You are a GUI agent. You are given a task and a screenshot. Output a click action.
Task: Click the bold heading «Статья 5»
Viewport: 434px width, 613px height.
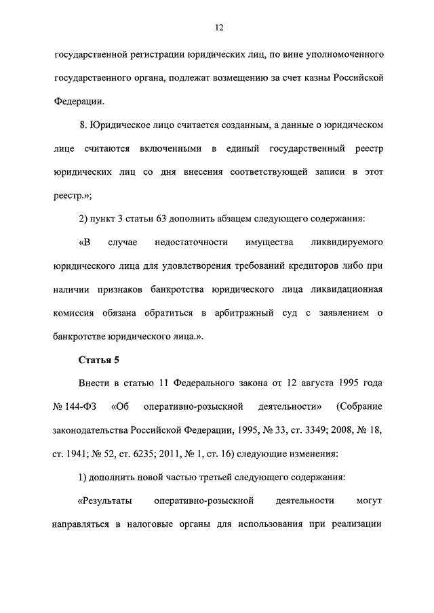tap(98, 360)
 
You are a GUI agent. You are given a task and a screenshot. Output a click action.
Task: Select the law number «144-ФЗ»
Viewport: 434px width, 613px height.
tap(76, 407)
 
